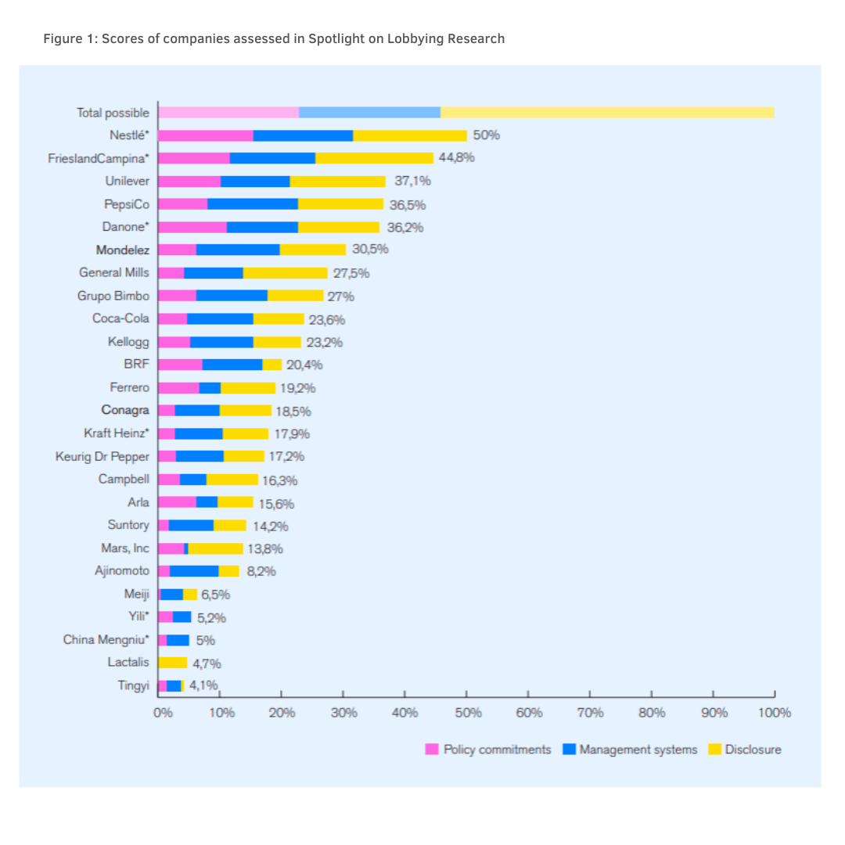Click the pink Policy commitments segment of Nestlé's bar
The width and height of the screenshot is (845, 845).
205,135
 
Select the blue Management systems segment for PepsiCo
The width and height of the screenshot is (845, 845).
253,204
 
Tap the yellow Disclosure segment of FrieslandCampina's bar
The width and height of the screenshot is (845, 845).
374,158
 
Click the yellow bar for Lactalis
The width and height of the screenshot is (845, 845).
173,663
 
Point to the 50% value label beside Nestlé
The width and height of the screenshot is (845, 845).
486,135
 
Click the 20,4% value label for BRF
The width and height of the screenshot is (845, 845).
304,365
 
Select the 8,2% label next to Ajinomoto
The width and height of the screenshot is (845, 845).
261,571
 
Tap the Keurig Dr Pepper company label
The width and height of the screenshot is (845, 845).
102,456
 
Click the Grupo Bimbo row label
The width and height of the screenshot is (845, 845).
113,296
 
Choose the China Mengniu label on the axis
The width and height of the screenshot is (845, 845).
106,640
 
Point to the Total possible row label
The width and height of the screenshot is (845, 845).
113,113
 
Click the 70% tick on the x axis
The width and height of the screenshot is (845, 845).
590,713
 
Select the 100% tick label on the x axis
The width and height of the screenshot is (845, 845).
775,713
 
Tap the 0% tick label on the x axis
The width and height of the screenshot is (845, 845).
162,713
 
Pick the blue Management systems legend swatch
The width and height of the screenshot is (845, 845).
570,750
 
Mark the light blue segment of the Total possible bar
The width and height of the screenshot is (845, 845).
369,113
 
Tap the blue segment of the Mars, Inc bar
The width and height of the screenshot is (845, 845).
186,548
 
